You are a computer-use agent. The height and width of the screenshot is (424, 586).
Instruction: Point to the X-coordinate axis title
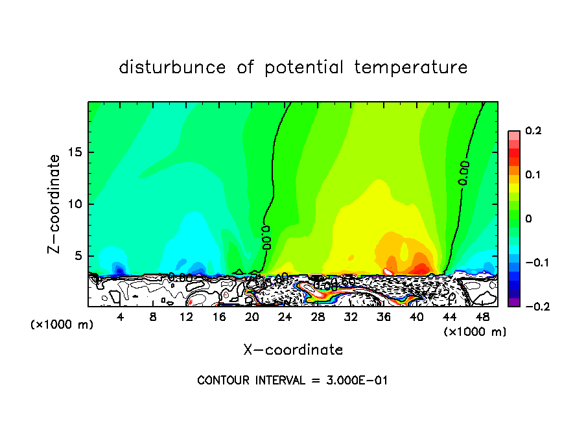[293, 350]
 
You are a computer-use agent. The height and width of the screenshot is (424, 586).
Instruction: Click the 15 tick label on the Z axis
[76, 152]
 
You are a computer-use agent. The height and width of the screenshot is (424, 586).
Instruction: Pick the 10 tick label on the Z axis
[76, 204]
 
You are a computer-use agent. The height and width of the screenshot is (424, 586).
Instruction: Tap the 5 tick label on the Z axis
[79, 256]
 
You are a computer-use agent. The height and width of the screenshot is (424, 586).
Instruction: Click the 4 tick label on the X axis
[120, 317]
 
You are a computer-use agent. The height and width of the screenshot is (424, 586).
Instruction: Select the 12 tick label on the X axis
[186, 317]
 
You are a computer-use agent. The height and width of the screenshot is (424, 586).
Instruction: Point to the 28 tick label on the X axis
[318, 317]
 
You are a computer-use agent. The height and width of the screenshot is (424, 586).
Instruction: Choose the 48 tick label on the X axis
[482, 317]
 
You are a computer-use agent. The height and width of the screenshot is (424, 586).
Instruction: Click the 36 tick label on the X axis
[383, 317]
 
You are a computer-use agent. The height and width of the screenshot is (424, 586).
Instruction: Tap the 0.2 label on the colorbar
[533, 131]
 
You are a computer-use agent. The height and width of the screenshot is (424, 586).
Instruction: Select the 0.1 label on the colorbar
[533, 175]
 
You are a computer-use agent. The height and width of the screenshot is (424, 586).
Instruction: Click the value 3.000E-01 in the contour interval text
[357, 381]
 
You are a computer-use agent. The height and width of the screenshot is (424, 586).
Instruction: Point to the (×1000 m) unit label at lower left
[62, 324]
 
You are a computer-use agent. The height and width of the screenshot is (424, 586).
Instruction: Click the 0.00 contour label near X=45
[464, 173]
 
